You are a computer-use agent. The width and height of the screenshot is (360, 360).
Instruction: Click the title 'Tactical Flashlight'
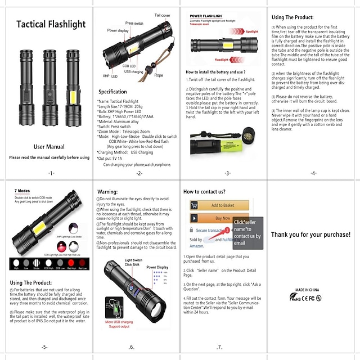click(51, 24)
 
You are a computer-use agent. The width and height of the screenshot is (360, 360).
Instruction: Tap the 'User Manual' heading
click(49, 146)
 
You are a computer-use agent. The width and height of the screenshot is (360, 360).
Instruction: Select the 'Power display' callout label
click(118, 30)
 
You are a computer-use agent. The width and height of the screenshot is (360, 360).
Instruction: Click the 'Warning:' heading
click(107, 192)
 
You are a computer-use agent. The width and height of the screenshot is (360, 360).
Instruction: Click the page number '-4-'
click(313, 173)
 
